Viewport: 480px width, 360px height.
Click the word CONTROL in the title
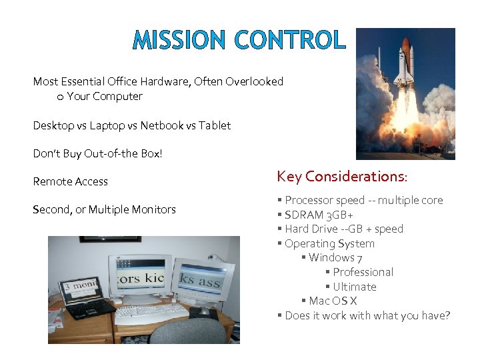pos(291,40)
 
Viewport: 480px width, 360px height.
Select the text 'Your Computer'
pos(105,96)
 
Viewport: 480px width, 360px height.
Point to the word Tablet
pos(215,125)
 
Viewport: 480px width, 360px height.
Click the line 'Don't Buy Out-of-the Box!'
pos(97,153)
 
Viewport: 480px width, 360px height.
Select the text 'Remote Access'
pos(70,181)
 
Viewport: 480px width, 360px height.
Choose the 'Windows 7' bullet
pos(335,258)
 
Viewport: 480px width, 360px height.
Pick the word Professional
pos(363,272)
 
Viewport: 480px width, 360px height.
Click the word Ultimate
pos(355,287)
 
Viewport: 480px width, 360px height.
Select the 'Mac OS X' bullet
pos(333,301)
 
